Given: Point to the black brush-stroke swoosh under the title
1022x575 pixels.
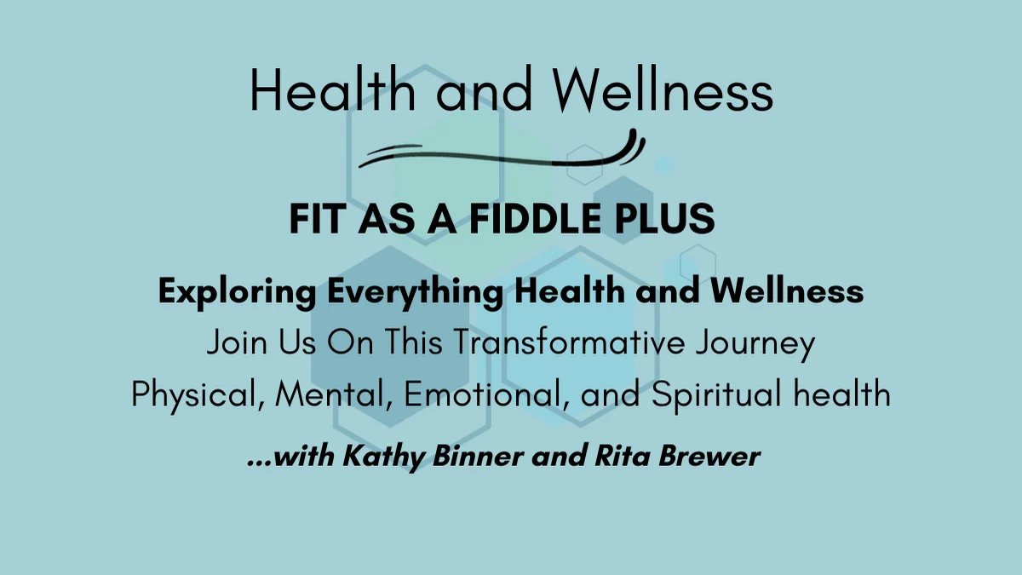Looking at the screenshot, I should pos(502,153).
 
